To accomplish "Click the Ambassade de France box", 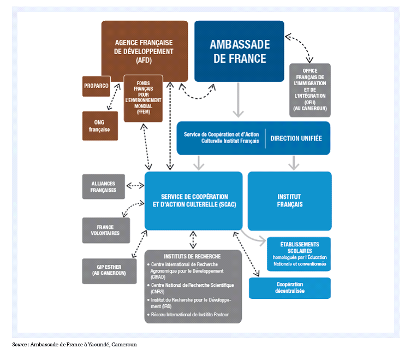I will tap(239, 51).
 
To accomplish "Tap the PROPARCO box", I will tap(97, 86).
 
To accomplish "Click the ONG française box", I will tap(99, 126).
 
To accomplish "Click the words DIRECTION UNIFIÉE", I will tap(296, 138).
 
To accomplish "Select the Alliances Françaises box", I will tap(103, 186).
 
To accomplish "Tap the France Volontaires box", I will tap(105, 230).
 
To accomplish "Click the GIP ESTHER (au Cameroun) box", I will tap(109, 270).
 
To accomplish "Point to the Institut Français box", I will tap(289, 200).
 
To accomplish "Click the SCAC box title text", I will tap(194, 200).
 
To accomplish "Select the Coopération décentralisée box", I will tap(290, 288).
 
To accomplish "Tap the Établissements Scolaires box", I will tap(299, 253).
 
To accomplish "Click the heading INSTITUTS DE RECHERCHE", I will tap(193, 256).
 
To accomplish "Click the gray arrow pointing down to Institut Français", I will tap(294, 162).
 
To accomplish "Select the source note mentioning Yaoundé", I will tap(75, 345).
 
